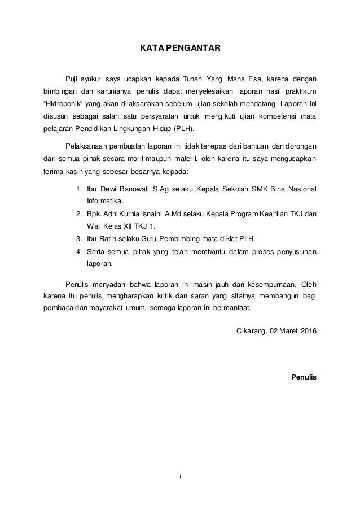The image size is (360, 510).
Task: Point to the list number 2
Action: [x=78, y=213]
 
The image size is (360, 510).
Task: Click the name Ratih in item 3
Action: [x=108, y=238]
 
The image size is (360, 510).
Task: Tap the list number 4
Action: [x=78, y=251]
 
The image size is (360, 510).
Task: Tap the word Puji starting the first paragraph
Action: [x=73, y=79]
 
